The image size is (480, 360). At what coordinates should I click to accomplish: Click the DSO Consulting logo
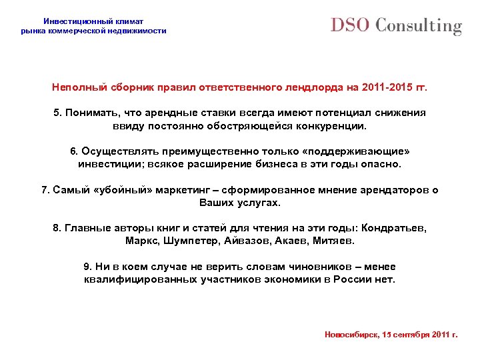coord(396,26)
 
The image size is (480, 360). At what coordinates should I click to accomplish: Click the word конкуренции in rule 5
coord(324,125)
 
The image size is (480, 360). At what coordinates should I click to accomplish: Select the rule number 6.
coord(74,151)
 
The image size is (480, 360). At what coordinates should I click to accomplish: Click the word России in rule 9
coord(354,279)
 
